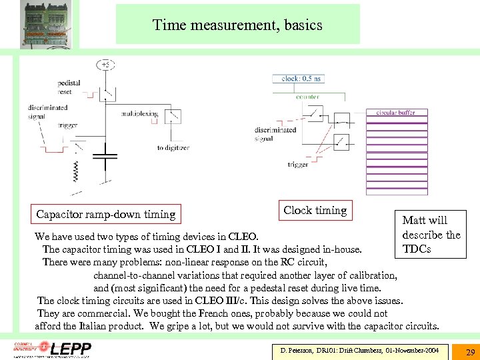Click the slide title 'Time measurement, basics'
[x=237, y=25]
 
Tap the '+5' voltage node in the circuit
[x=105, y=65]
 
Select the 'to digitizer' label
[x=173, y=147]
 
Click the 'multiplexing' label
[x=139, y=114]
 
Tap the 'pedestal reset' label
[x=69, y=87]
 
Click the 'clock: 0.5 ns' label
[x=297, y=79]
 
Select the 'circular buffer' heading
[x=395, y=113]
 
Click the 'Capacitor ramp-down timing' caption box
[x=105, y=214]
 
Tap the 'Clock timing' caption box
[x=315, y=210]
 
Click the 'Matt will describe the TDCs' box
[x=431, y=234]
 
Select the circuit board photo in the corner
[x=40, y=25]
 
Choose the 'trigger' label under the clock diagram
[x=298, y=164]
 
